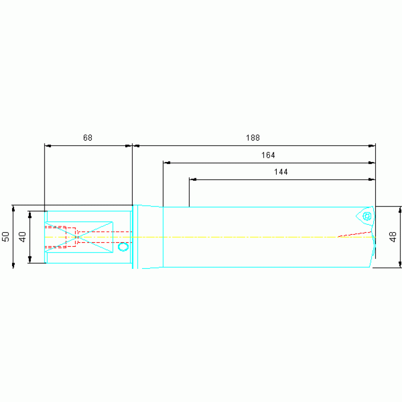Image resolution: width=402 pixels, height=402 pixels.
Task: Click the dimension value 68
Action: tap(88, 138)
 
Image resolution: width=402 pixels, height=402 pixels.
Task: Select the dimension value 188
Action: tap(253, 138)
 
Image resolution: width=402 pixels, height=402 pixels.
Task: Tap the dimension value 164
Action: tap(268, 155)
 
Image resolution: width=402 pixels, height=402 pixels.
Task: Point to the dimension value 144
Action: tap(281, 172)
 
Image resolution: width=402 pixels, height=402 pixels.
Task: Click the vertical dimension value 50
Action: tap(6, 236)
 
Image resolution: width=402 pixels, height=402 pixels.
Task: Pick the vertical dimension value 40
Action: tap(23, 236)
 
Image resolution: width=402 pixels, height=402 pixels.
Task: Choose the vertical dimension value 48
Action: tap(393, 236)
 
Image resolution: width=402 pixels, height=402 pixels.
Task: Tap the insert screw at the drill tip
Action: tap(367, 216)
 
